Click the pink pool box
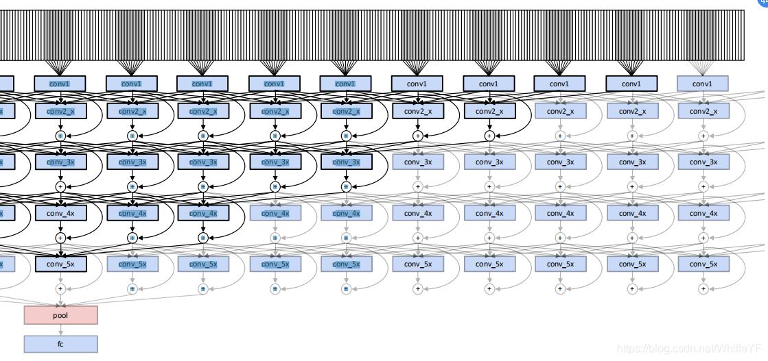pos(60,315)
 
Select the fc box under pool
pos(60,344)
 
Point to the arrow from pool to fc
pos(60,330)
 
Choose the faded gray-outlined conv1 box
pos(702,84)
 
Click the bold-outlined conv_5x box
pos(60,264)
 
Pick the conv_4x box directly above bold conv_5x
pos(60,213)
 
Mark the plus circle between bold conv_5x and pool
pos(60,289)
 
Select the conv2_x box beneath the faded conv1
pos(702,111)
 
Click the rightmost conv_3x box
pos(702,162)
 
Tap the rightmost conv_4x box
pos(702,213)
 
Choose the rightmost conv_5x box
pos(702,264)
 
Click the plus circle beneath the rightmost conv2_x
pos(702,136)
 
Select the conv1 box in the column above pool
pos(60,84)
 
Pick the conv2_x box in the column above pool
pos(60,111)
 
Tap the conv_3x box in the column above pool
pos(60,162)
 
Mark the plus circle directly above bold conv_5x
pos(60,238)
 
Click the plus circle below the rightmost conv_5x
pos(702,289)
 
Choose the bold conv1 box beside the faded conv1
pos(631,84)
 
